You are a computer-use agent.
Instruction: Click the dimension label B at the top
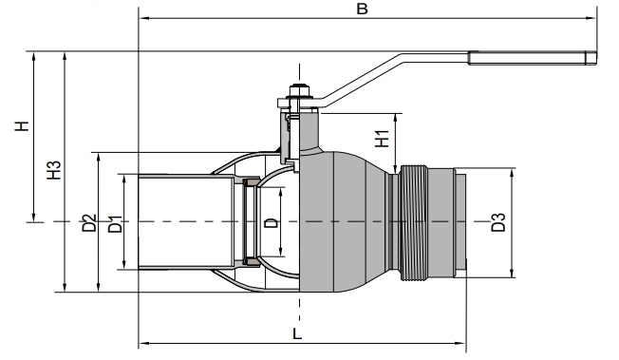361,9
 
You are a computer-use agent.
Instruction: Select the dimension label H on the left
24,126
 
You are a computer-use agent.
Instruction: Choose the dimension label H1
382,138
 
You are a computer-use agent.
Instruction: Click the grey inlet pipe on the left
185,223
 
